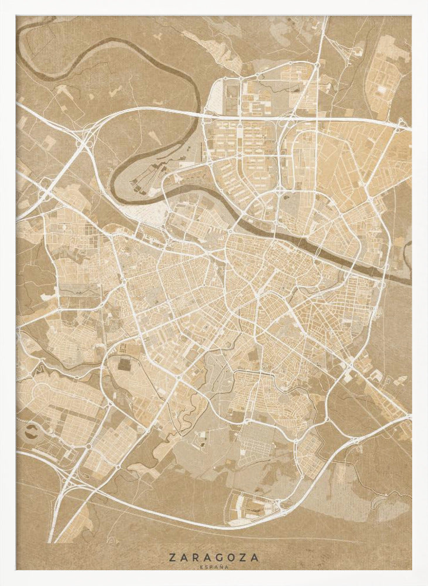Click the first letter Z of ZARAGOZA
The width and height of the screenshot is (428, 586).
(172, 558)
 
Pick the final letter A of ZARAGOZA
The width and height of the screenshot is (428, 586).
(255, 558)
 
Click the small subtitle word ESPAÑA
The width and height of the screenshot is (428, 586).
(214, 567)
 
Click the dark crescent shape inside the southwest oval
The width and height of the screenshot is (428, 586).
(30, 432)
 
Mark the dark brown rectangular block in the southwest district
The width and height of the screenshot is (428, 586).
(124, 364)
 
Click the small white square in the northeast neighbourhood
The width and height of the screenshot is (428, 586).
(381, 90)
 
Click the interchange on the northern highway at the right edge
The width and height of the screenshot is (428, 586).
(402, 124)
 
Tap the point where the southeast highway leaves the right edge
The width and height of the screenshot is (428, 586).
(409, 417)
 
